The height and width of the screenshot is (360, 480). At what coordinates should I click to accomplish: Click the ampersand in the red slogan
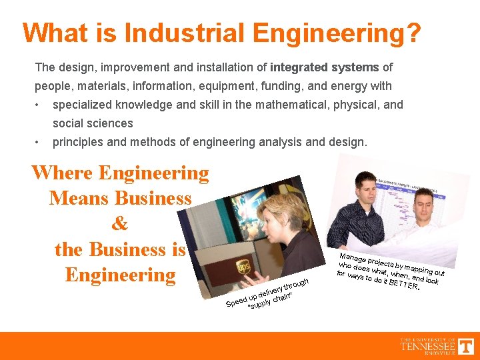(x=120, y=224)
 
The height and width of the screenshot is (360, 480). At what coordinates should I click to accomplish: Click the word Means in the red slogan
(x=78, y=199)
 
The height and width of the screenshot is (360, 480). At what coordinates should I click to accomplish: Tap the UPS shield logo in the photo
(x=243, y=269)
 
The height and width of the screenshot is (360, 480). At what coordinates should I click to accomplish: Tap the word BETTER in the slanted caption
(x=402, y=285)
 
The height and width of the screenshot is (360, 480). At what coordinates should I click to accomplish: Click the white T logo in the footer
(x=465, y=346)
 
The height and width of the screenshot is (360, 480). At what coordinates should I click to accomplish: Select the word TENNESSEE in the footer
(x=428, y=346)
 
